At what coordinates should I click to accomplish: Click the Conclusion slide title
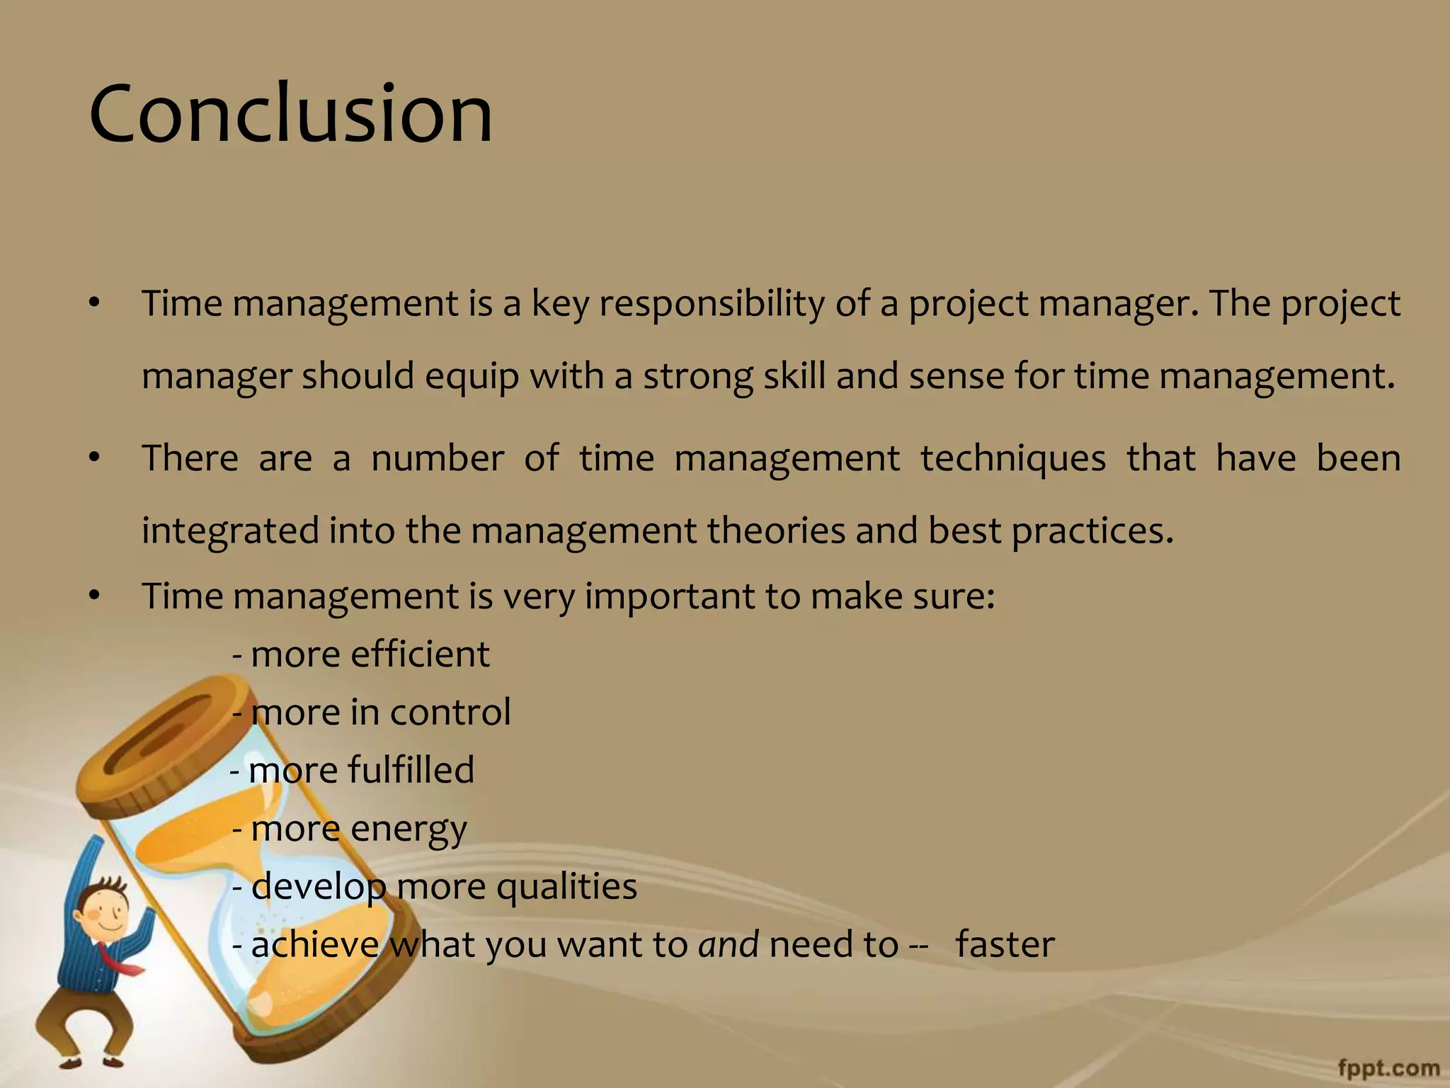coord(290,113)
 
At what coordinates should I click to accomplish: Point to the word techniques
coord(1012,458)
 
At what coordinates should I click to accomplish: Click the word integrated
coord(230,531)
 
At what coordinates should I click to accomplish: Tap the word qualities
coord(566,887)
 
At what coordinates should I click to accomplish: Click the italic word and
coord(729,945)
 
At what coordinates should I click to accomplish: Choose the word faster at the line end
coord(1005,945)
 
